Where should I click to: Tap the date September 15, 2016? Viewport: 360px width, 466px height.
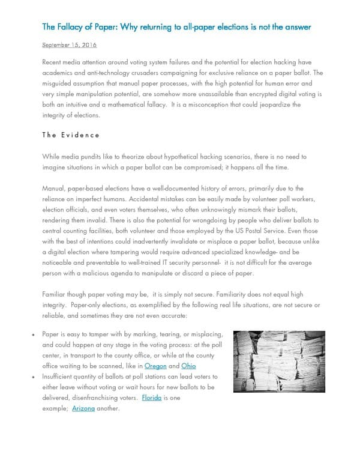coord(70,45)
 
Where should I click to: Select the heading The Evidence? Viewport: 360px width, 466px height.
coord(71,135)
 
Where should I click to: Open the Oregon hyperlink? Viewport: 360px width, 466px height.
coord(155,366)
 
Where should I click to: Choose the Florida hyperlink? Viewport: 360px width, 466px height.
coord(151,398)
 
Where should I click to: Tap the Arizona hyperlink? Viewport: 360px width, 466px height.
coord(83,408)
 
